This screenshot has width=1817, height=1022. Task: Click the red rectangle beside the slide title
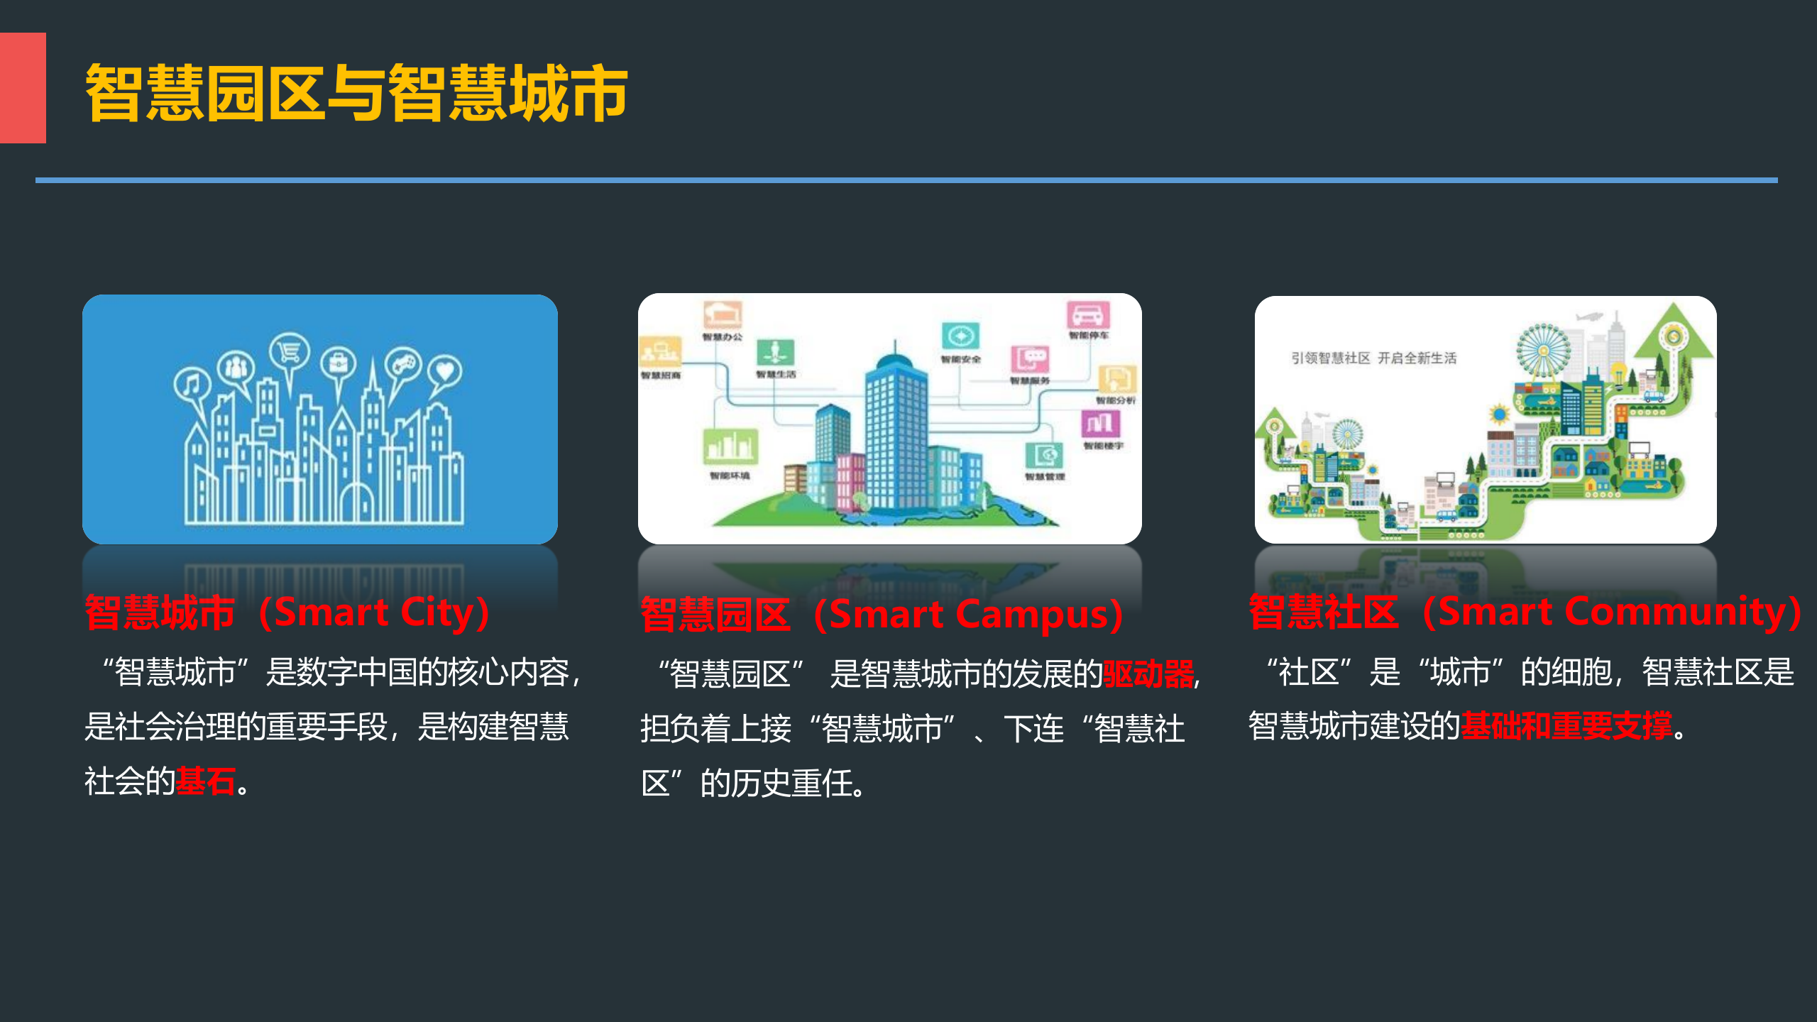click(23, 88)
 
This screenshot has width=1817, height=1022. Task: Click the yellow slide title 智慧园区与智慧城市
click(356, 92)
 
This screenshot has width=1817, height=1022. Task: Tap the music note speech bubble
click(191, 386)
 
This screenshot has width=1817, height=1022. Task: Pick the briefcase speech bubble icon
click(339, 365)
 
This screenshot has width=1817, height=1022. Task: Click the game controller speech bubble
click(403, 366)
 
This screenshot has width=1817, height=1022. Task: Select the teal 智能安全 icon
click(960, 336)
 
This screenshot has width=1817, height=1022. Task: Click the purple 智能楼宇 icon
click(1100, 424)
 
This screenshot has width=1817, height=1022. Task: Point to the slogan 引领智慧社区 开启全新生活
click(1373, 358)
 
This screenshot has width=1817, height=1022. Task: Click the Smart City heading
click(287, 612)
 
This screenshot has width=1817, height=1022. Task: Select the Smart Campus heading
click(881, 614)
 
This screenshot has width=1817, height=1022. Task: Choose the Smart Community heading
click(1525, 612)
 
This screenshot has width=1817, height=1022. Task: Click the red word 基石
click(205, 781)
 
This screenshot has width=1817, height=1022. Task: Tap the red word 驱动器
click(1148, 674)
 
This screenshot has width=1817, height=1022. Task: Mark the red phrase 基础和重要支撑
click(1566, 726)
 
